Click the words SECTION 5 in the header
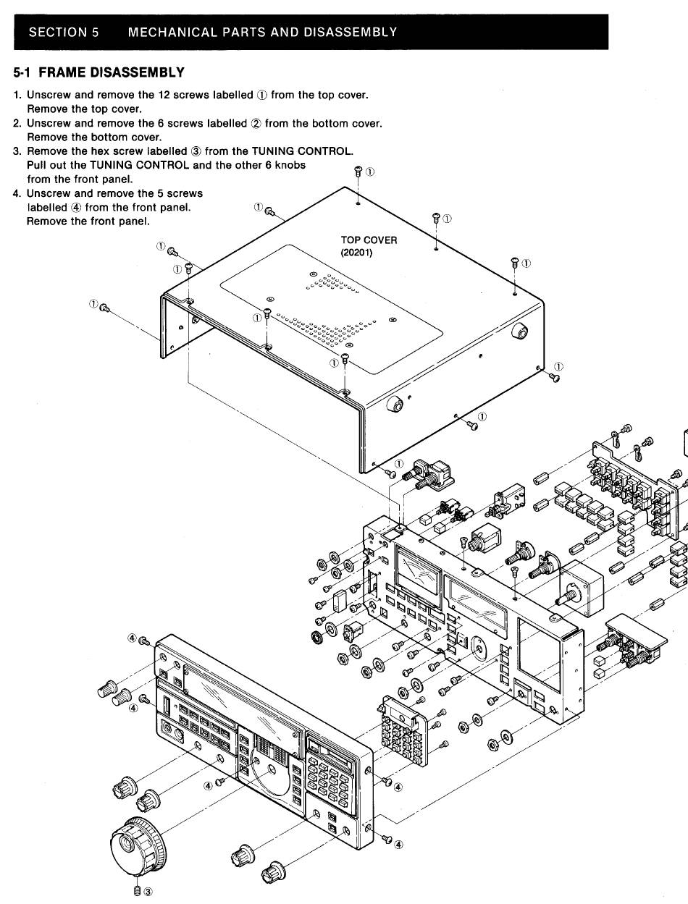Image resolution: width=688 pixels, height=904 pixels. [x=64, y=32]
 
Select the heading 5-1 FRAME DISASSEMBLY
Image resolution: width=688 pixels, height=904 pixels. [x=99, y=72]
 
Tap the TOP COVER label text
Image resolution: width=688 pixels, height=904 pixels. [x=369, y=240]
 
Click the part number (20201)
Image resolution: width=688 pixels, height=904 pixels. [x=356, y=253]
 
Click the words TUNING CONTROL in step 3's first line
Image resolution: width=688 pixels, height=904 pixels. [x=303, y=151]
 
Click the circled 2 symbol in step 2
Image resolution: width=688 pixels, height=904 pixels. [x=256, y=124]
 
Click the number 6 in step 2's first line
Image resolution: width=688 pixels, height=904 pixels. [x=161, y=123]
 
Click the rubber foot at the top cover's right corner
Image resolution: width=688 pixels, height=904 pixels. [x=520, y=331]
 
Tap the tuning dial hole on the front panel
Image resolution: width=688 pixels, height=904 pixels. [x=272, y=769]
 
